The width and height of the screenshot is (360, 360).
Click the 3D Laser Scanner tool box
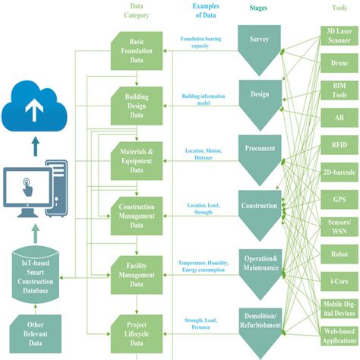coord(339,36)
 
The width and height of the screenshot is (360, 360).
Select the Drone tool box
coord(339,64)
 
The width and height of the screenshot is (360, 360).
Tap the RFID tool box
coord(339,145)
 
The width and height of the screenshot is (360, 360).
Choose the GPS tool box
coord(339,198)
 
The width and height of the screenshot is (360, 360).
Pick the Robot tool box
coord(339,253)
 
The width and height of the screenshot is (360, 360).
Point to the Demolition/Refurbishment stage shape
coord(259,324)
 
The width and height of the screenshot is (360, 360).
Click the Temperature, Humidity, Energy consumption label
coord(204,265)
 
